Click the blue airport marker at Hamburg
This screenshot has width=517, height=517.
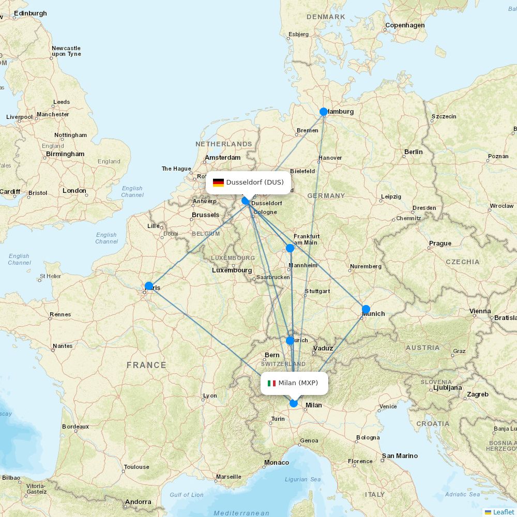point(324,112)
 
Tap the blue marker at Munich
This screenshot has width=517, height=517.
point(366,309)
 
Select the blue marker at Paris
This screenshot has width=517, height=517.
point(149,286)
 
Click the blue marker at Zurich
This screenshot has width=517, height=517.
point(290,341)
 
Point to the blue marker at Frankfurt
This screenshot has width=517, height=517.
point(290,248)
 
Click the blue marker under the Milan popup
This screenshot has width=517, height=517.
point(294,403)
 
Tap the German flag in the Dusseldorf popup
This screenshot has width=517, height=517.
point(218,183)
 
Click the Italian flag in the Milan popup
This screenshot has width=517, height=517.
point(271,383)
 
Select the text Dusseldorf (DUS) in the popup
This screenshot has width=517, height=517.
point(255,183)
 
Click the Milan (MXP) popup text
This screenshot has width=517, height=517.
point(298,383)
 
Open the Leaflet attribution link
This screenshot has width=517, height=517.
point(503,512)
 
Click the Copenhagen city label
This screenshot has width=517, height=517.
point(405,25)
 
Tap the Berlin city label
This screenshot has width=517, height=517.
point(413,152)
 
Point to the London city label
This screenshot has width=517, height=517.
point(74,191)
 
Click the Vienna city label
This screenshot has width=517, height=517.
point(480,311)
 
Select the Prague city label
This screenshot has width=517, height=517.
point(440,244)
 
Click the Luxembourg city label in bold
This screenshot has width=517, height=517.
point(232,270)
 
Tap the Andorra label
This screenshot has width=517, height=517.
point(138,502)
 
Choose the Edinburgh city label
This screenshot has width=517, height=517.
point(31,13)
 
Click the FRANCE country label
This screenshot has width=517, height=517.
point(146,365)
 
